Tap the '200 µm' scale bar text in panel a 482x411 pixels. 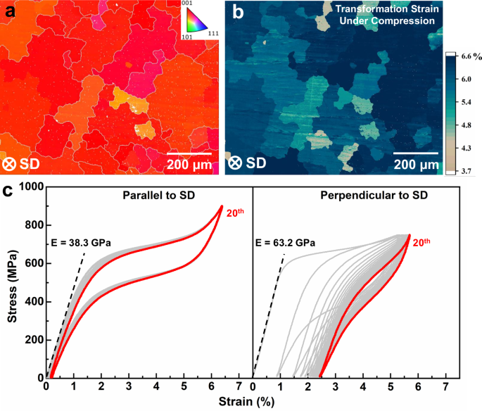[189, 165]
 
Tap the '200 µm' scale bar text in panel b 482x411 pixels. [416, 165]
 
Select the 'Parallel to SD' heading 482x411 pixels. [148, 194]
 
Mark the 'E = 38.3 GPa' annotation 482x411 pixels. [82, 243]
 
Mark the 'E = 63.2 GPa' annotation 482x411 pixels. [284, 243]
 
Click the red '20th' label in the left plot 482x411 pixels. [235, 210]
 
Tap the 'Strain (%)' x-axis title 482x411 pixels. [246, 403]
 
